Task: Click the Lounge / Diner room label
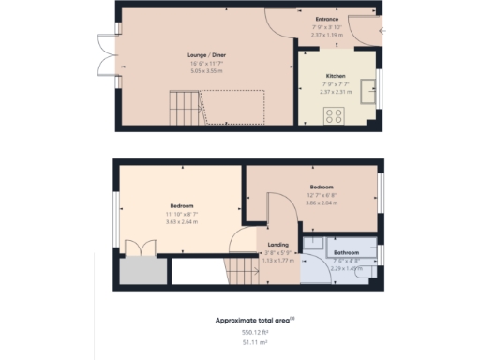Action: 206,55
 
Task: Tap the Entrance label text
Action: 326,18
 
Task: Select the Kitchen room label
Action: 336,75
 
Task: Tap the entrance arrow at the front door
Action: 382,32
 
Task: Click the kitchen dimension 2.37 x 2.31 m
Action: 336,92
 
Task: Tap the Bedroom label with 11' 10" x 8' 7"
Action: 182,205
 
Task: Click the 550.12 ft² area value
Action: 254,332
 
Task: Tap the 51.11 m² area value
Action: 254,343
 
